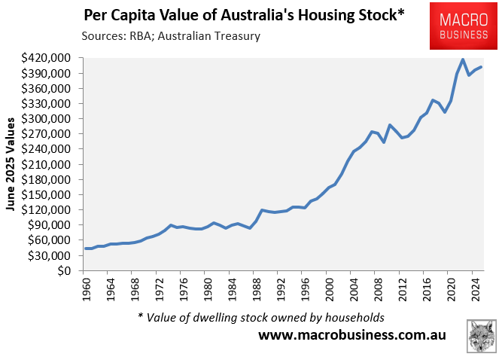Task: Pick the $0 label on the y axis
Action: pyautogui.click(x=64, y=270)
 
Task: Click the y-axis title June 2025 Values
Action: pyautogui.click(x=11, y=164)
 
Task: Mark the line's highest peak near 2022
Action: pyautogui.click(x=463, y=59)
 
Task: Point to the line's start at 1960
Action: pyautogui.click(x=87, y=249)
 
